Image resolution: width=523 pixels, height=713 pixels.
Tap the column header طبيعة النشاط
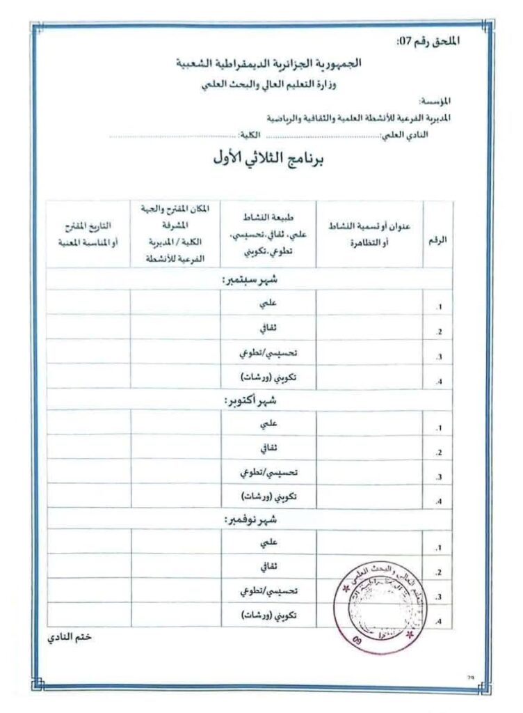click(268, 233)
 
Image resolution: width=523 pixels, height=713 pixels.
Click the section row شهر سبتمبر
click(248, 279)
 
